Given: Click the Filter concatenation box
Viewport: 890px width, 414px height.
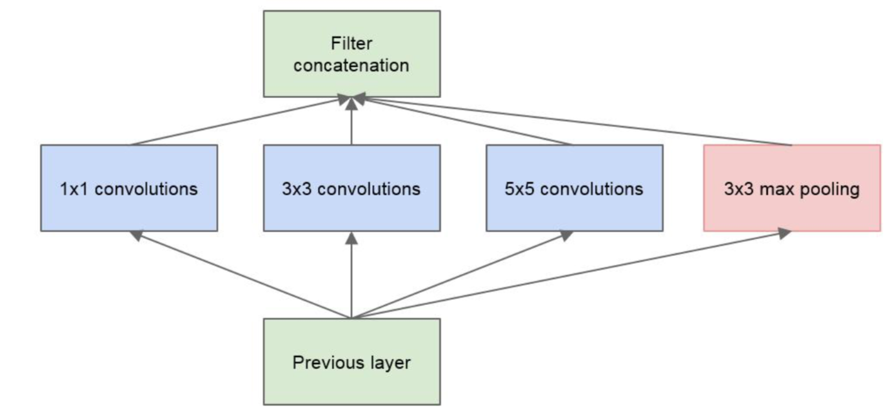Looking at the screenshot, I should (x=351, y=54).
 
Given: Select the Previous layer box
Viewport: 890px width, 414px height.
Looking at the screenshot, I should (x=351, y=362).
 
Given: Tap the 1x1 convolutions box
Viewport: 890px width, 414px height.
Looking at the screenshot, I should (x=129, y=188).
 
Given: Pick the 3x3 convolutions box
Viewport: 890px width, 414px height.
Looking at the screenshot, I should (x=351, y=188).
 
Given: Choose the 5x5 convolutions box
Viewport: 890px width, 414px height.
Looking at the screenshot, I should (x=574, y=188).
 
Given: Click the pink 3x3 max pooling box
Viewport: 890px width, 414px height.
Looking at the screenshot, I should (x=791, y=188).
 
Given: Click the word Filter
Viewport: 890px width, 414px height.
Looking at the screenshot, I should (x=351, y=43).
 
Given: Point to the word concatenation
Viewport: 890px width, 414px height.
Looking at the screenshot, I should (x=351, y=65).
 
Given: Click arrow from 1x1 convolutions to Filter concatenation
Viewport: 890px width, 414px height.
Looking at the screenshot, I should (x=242, y=121).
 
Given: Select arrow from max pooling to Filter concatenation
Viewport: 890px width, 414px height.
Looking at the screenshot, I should (x=574, y=121).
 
